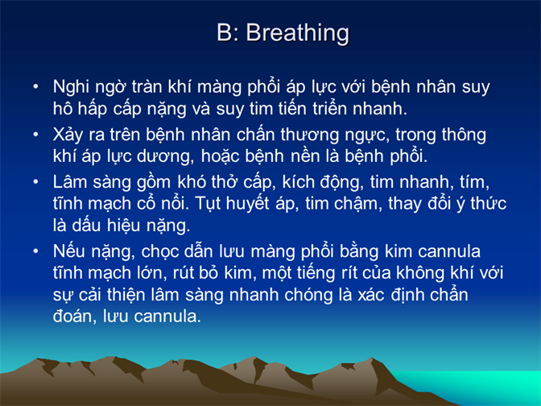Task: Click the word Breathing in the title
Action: pos(297,34)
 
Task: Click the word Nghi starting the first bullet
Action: pos(71,87)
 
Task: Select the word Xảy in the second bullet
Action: pos(68,135)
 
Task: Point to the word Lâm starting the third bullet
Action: pos(70,181)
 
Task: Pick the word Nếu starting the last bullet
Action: pos(69,251)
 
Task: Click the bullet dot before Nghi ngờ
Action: pos(35,86)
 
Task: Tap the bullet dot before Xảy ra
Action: pos(35,134)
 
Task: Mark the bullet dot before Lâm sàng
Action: pos(35,181)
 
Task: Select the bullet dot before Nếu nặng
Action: pos(35,251)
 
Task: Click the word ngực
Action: pos(366,135)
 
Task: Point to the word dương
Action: pos(166,157)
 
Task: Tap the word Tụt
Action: pos(208,204)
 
